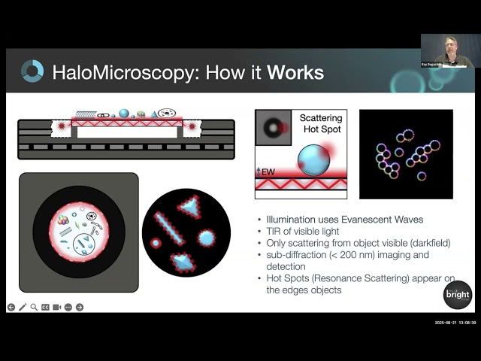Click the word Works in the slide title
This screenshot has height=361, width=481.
pyautogui.click(x=295, y=72)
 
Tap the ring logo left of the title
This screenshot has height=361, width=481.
pyautogui.click(x=32, y=71)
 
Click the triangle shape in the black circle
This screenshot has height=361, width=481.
pyautogui.click(x=191, y=206)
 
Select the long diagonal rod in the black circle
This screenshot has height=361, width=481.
pyautogui.click(x=168, y=229)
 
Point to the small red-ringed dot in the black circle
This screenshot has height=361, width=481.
pyautogui.click(x=156, y=244)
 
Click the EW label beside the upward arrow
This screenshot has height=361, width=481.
pyautogui.click(x=268, y=172)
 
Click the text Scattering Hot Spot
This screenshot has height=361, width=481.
pyautogui.click(x=320, y=124)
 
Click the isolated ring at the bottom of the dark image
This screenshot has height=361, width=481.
pyautogui.click(x=422, y=176)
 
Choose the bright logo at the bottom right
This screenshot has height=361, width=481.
pyautogui.click(x=457, y=293)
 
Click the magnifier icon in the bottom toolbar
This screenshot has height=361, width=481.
pyautogui.click(x=35, y=307)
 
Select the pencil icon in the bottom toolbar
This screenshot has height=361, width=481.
pyautogui.click(x=23, y=307)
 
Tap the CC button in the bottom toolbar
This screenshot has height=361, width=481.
pyautogui.click(x=45, y=307)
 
